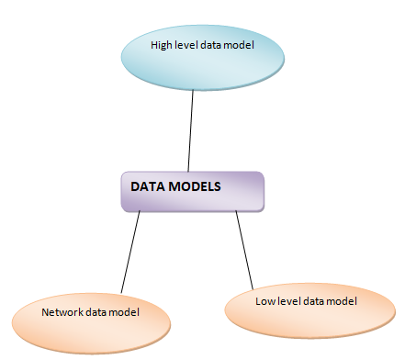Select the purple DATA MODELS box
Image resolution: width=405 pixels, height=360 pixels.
click(193, 191)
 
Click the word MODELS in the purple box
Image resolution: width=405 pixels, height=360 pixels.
click(194, 186)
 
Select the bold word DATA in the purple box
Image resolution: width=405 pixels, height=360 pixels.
click(147, 186)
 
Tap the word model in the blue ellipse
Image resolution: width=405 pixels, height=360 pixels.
click(239, 44)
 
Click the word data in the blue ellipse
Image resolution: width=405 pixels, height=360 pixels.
click(213, 44)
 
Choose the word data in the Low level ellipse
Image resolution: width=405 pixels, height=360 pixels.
click(311, 300)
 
